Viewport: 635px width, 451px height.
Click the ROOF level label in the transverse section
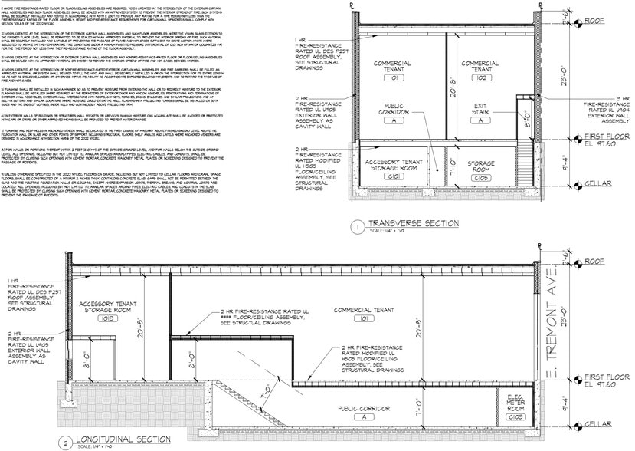(606, 22)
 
